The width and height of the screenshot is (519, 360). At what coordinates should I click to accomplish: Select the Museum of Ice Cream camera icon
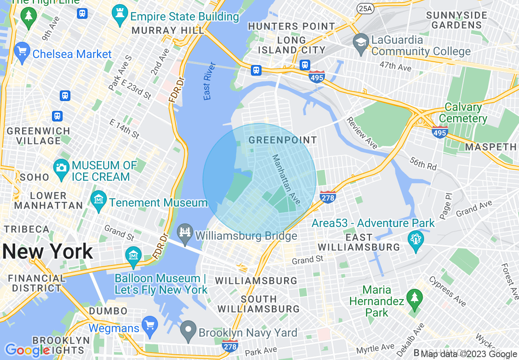coord(61,167)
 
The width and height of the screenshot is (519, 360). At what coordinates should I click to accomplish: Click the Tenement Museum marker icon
coord(99,201)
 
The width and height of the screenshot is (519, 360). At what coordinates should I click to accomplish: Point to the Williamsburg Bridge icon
coord(185,234)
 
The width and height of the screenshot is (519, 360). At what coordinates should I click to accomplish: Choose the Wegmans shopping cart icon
coord(150,326)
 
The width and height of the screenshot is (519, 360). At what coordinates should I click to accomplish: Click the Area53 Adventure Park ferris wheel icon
coord(415,239)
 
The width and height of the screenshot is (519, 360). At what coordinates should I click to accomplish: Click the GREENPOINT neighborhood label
coord(282,140)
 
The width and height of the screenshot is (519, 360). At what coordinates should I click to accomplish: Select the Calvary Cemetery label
coord(463,113)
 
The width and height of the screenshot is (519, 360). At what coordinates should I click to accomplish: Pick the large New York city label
coord(47,251)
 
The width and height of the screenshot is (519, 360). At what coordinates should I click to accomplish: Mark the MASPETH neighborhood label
coord(491,147)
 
